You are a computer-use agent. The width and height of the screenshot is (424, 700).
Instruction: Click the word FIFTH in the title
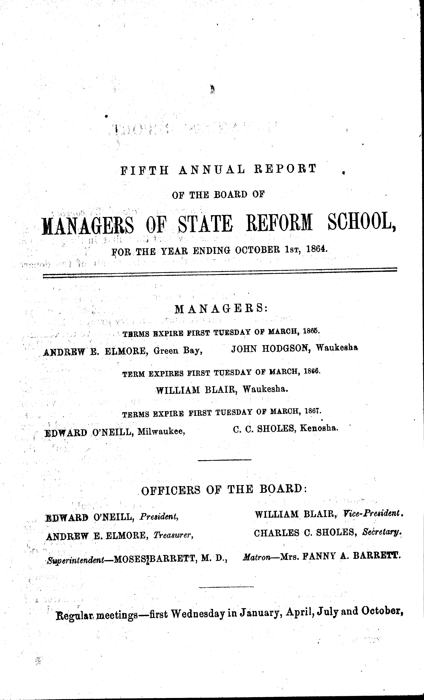(x=145, y=170)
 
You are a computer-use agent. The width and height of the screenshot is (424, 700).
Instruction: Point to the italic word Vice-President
(x=373, y=514)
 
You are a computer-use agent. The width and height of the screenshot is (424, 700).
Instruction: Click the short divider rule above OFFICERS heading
(x=224, y=460)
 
